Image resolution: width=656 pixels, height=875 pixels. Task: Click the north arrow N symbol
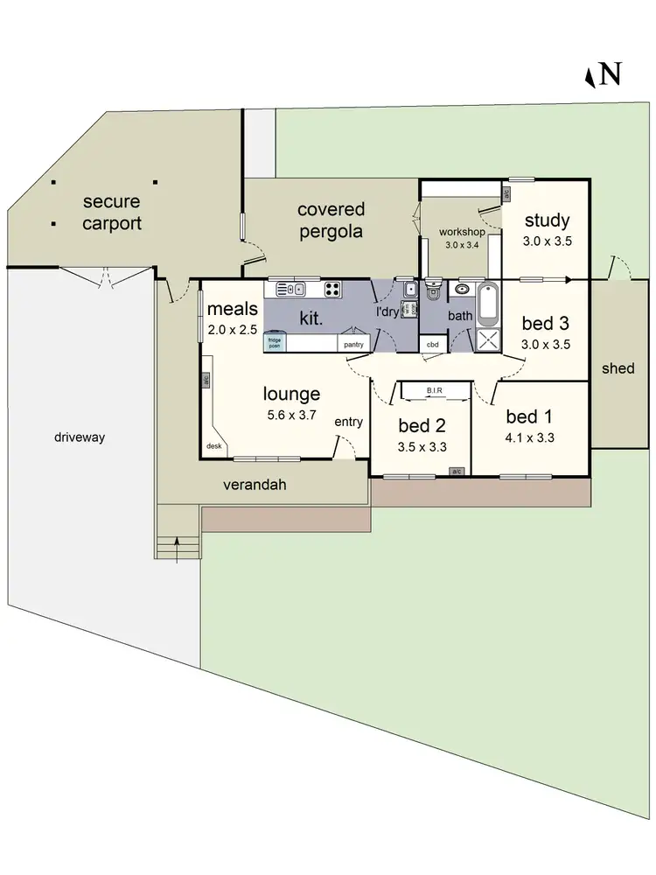603,75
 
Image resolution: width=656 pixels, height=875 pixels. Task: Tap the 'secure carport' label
111,213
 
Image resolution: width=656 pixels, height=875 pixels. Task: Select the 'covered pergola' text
331,220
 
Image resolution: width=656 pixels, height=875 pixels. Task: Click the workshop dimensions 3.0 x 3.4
461,246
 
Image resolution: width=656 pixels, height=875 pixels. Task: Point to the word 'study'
548,220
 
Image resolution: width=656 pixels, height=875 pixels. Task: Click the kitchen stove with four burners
333,289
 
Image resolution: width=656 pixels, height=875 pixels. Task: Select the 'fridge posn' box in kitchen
275,343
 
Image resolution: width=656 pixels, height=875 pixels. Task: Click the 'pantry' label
353,345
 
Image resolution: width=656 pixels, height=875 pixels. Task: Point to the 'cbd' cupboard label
432,345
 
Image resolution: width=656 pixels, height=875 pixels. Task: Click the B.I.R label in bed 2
435,390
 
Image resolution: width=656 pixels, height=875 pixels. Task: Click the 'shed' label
618,368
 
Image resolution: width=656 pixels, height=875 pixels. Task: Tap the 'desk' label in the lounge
213,446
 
